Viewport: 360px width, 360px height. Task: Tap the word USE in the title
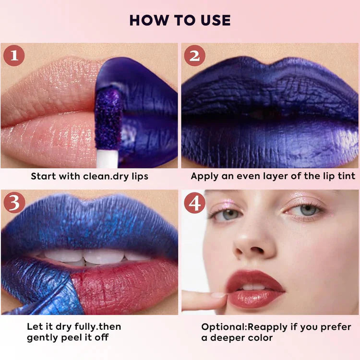(216, 20)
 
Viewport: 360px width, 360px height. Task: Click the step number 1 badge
(14, 56)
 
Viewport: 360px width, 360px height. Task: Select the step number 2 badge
(195, 56)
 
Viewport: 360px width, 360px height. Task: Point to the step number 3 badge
(14, 203)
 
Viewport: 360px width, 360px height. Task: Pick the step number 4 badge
(195, 203)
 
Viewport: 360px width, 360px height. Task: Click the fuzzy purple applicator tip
(108, 118)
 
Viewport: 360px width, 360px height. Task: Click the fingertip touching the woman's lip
(218, 296)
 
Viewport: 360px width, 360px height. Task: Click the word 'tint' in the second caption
(347, 176)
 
